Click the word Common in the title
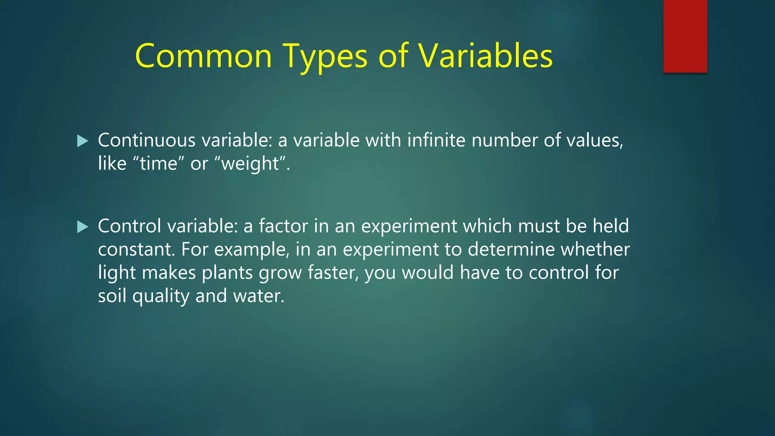(203, 56)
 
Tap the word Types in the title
(325, 56)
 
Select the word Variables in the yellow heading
(485, 56)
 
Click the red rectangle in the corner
(685, 36)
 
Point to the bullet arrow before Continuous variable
(82, 141)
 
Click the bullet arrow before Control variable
(82, 227)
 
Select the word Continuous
(146, 140)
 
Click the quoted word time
(159, 164)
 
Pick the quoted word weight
(250, 164)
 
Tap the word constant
(136, 249)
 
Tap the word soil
(112, 296)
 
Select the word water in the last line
(258, 296)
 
